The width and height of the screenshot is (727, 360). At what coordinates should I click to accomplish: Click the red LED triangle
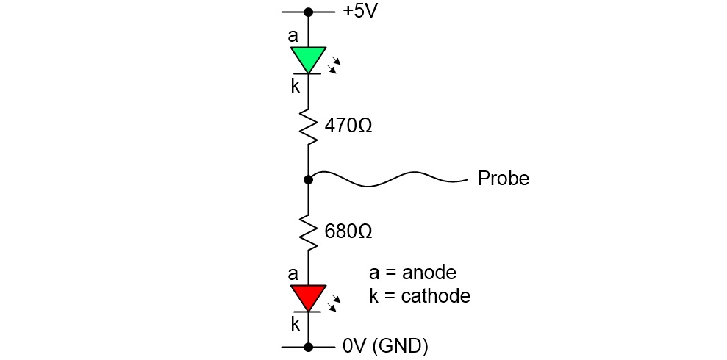pos(308,297)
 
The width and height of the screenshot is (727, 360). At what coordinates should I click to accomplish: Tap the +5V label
pos(360,12)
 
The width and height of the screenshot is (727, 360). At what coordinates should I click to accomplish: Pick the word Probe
pos(503,179)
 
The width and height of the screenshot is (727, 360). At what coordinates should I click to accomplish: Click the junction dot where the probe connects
pos(308,179)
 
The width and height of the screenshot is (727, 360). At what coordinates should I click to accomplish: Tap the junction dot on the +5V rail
pos(308,12)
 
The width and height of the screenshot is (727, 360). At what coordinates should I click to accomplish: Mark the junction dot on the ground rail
pos(308,346)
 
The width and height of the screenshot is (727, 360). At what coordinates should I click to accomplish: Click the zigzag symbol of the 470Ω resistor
pos(309,126)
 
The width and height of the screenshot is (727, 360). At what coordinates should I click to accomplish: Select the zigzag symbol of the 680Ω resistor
pos(309,232)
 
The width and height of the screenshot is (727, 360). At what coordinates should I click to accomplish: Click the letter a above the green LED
pos(293,35)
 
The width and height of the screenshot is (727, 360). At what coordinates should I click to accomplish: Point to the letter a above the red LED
pos(293,274)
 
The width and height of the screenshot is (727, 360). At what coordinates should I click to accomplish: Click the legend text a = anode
pos(412,273)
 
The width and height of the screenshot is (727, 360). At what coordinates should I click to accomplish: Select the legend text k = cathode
pos(419,295)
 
